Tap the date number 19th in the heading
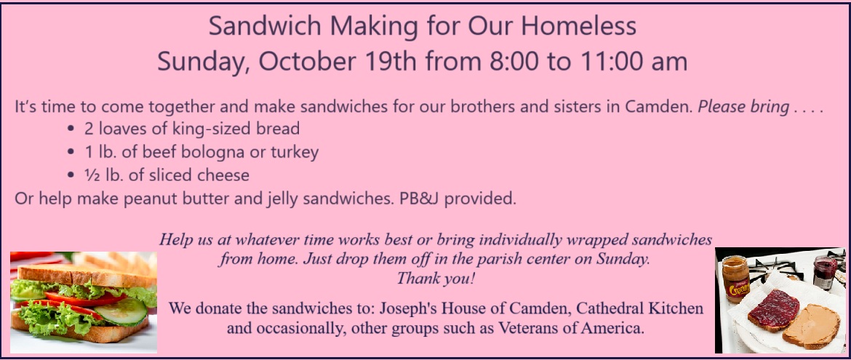(x=391, y=61)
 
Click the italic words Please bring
(x=743, y=107)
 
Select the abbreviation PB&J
(x=420, y=199)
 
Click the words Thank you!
(x=436, y=279)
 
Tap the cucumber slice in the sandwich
(x=127, y=311)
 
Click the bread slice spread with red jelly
(x=773, y=310)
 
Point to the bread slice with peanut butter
(x=811, y=327)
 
